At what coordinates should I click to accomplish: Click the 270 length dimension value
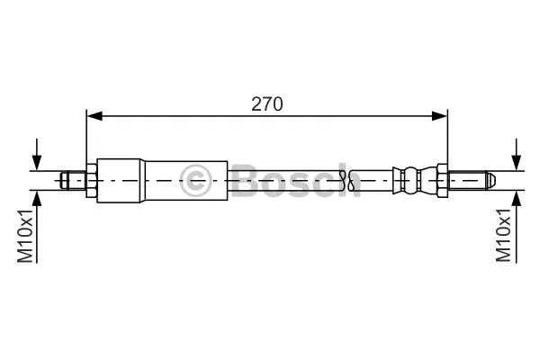(x=267, y=103)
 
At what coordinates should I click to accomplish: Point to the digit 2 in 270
(x=257, y=103)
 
